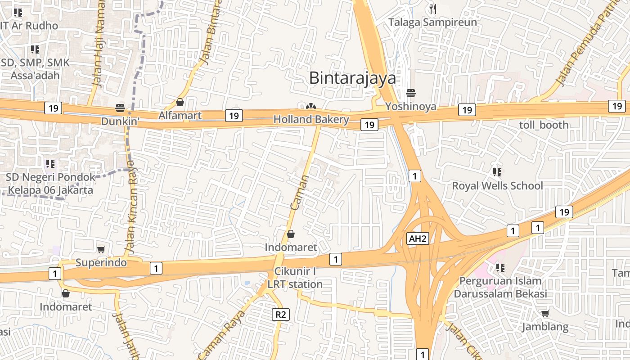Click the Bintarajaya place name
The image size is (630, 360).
coord(353,78)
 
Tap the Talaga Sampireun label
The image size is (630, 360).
coord(432,22)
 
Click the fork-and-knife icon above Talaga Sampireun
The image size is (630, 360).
coord(433,9)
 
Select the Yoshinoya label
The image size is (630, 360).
coord(410,107)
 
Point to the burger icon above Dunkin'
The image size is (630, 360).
coord(120,108)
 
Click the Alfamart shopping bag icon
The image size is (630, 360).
coord(180,103)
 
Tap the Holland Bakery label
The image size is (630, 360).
coord(311,119)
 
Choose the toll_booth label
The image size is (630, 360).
coord(544,125)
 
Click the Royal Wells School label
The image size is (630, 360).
coord(497,185)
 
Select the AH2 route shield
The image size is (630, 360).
coord(417,238)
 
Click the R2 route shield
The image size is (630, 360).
coord(280,314)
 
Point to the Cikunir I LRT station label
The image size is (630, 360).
coord(295,278)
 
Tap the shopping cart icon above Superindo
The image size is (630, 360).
coord(101,249)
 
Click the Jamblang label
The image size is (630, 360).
coord(545,327)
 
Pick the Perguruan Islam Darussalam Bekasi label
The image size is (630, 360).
coord(500,287)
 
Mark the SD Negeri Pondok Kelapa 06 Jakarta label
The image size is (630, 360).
coord(50,184)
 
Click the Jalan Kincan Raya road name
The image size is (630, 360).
coord(130,207)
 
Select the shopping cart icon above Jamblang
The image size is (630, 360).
coord(545,313)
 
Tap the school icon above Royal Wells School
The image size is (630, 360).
coord(497,172)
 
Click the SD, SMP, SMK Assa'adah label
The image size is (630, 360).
coord(35,69)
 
